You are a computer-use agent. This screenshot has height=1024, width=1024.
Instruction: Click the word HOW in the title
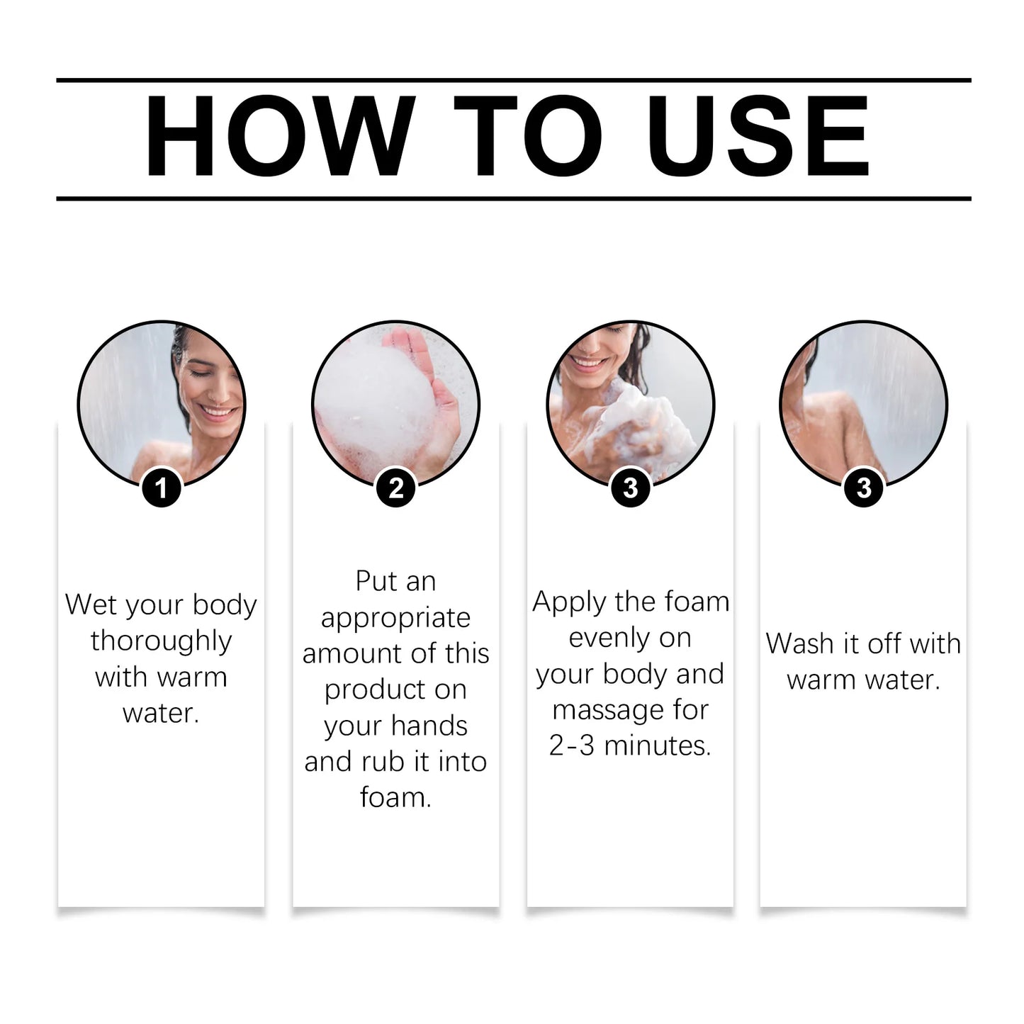click(280, 135)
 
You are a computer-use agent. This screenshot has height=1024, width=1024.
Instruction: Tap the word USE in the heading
click(758, 135)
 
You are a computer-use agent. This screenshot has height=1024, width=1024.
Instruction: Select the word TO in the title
click(528, 135)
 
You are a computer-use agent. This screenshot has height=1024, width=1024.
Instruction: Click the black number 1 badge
click(162, 488)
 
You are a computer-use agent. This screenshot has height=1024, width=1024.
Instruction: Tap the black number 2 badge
click(396, 488)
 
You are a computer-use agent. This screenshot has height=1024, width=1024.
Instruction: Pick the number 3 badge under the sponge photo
click(630, 488)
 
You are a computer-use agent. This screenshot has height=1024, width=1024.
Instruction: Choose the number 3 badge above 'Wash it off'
click(864, 488)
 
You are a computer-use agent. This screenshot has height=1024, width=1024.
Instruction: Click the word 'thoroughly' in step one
click(161, 641)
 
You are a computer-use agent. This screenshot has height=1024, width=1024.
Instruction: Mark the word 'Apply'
click(569, 602)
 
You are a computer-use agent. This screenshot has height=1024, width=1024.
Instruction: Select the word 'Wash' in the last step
click(800, 643)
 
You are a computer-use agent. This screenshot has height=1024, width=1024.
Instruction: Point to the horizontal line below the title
click(513, 198)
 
